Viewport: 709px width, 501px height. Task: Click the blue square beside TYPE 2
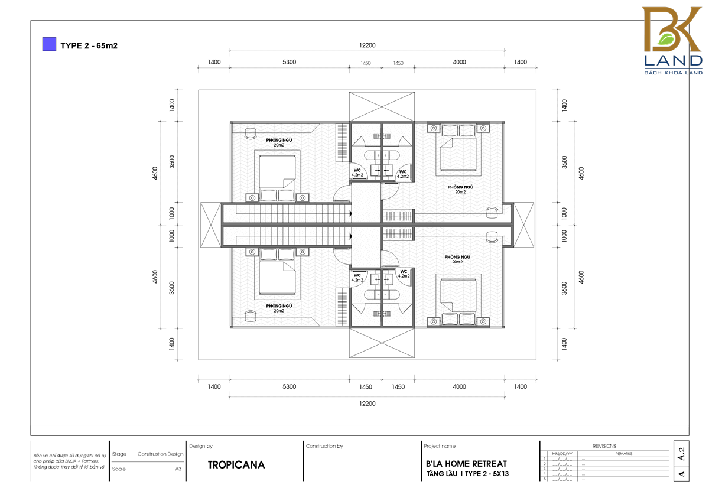tap(49, 44)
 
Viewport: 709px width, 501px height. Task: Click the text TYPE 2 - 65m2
tap(89, 45)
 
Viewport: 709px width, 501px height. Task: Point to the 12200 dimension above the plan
tap(366, 45)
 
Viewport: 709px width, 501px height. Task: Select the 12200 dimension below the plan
tap(366, 404)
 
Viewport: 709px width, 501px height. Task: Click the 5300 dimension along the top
tap(289, 62)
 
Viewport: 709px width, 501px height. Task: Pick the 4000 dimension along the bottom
tap(459, 387)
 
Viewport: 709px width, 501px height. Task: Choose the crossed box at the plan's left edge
tap(210, 225)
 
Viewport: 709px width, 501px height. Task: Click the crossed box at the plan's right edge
tap(523, 225)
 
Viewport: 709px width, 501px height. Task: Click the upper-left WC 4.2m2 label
tap(357, 173)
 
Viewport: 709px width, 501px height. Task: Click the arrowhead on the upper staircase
tap(351, 213)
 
